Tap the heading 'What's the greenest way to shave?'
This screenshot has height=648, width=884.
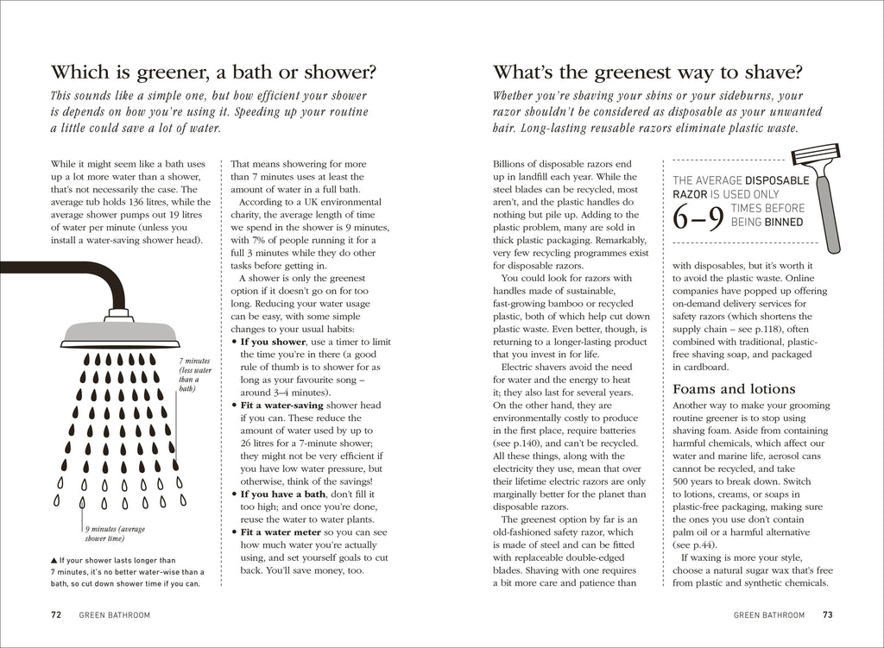(x=647, y=71)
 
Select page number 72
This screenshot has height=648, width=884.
(x=56, y=615)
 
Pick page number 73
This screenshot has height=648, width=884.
(x=827, y=615)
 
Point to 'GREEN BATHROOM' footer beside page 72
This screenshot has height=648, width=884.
(x=114, y=615)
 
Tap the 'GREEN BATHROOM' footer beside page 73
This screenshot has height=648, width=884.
(x=769, y=615)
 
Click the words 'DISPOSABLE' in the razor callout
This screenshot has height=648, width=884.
(x=777, y=180)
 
